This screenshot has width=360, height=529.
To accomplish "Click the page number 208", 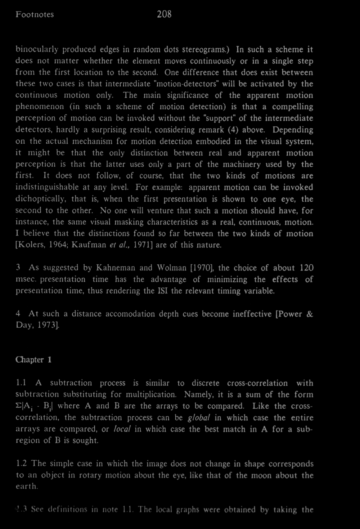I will point(164,14).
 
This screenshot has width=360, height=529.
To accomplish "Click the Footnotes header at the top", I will point(35,14).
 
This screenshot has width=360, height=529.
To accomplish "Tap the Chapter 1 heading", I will point(34,360).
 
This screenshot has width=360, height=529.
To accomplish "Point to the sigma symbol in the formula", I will point(19,406).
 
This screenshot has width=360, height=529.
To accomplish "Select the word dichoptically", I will point(40,199).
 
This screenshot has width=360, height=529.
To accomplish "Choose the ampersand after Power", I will point(309,314).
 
